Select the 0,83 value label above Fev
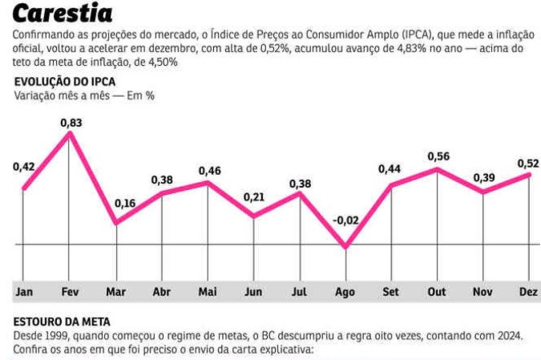(71, 122)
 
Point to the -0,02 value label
(346, 220)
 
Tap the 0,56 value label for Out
(438, 156)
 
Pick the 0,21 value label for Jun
(254, 197)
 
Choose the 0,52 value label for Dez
(527, 164)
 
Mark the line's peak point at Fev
(71, 133)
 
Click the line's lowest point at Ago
(346, 247)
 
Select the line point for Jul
(301, 193)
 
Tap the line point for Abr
(163, 193)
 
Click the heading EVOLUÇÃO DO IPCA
(65, 82)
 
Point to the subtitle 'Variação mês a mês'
(60, 95)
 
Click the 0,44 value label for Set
(392, 168)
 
